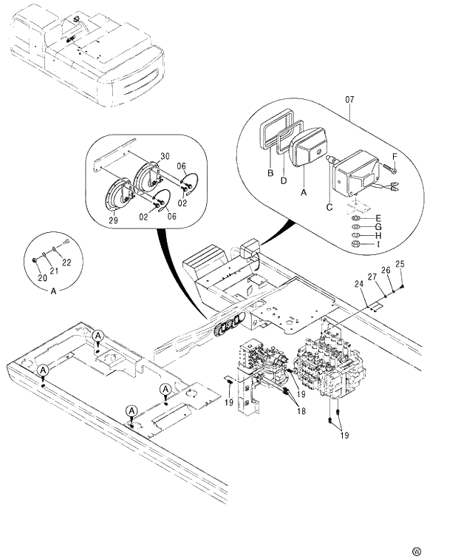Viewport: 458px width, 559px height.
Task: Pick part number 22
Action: [x=66, y=262]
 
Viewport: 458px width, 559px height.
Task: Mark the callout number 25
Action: [x=400, y=264]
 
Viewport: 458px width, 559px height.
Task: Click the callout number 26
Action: [x=385, y=270]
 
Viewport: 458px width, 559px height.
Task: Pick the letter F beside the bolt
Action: [x=394, y=157]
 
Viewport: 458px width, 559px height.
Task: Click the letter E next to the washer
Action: [x=378, y=218]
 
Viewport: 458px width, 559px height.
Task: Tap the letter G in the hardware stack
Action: [x=378, y=226]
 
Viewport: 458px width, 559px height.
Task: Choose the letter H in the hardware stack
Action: [x=378, y=235]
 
